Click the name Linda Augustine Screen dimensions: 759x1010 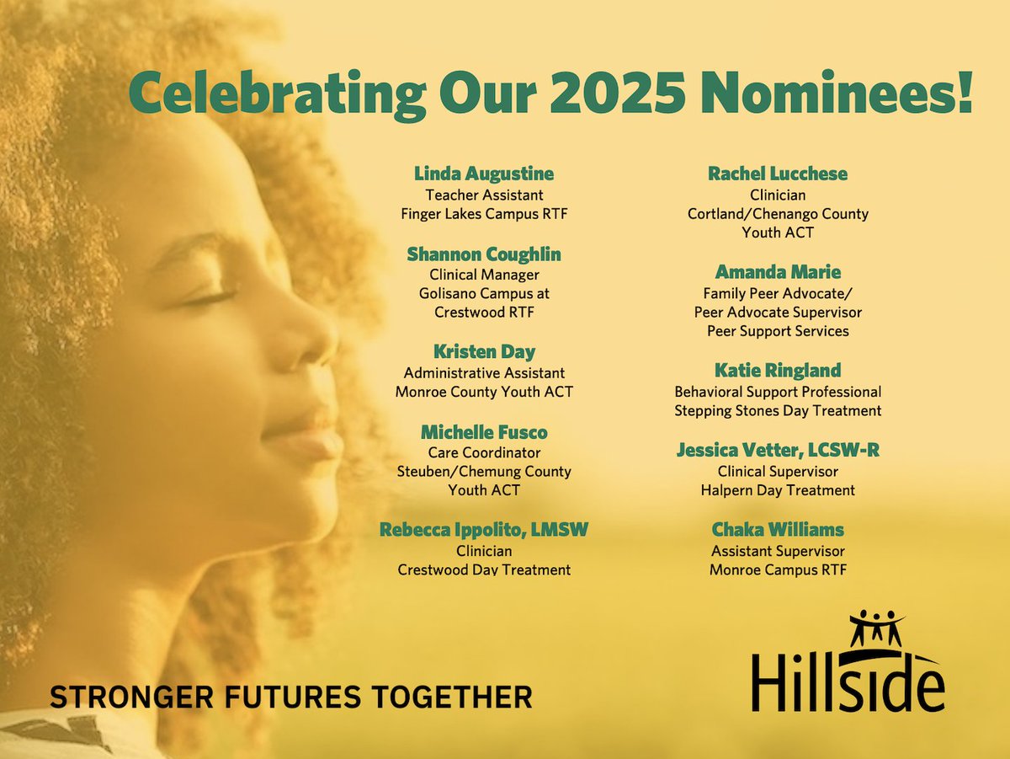[483, 174]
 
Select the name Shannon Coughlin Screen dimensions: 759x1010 [483, 254]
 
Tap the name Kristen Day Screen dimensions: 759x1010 [483, 352]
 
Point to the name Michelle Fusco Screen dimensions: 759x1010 [483, 432]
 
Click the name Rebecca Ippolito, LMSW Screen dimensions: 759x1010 [483, 530]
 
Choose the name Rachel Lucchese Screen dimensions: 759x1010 [777, 174]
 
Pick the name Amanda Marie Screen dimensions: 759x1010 [777, 272]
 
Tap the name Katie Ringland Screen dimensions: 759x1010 [777, 371]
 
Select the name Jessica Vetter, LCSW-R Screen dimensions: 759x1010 [777, 451]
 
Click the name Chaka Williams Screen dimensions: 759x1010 [777, 530]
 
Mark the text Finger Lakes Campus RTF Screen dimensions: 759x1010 [483, 214]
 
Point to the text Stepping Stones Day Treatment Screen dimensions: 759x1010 [777, 411]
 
